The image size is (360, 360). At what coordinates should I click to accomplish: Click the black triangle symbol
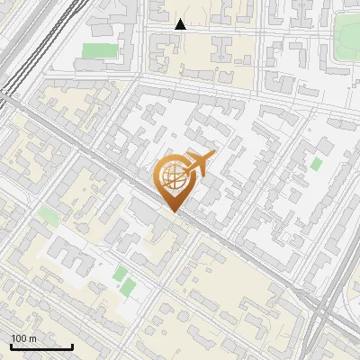tap(181, 24)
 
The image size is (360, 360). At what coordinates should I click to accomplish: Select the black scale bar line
tap(41, 346)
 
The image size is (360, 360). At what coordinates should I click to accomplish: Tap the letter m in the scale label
tap(32, 338)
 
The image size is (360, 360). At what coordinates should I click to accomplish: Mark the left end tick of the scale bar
tap(11, 346)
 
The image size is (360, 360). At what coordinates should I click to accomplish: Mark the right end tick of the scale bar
tap(72, 346)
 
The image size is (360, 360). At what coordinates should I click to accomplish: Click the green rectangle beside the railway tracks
tap(101, 49)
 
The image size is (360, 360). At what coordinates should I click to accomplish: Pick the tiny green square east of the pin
tap(317, 164)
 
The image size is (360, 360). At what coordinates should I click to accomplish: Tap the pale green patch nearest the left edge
tap(47, 214)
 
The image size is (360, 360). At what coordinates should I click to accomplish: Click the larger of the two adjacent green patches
tap(129, 287)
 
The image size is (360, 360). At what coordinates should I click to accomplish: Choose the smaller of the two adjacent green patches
tap(121, 272)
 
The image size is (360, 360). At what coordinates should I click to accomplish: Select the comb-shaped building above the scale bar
tap(67, 261)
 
